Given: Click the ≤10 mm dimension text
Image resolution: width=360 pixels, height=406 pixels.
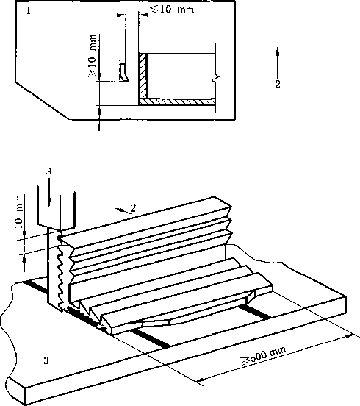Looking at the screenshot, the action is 172,9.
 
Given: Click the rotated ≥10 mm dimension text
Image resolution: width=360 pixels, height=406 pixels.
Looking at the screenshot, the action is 92,56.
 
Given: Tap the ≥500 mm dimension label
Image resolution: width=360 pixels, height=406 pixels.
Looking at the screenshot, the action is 264,355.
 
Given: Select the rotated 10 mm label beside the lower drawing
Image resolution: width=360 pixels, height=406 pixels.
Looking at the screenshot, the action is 19,212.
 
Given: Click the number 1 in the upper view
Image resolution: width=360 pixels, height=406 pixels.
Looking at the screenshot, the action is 29,10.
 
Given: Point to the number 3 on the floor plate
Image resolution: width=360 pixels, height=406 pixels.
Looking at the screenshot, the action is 46,360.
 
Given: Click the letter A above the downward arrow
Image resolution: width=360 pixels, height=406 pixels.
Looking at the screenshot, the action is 49,171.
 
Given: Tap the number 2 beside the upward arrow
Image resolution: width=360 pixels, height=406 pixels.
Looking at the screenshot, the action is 278,84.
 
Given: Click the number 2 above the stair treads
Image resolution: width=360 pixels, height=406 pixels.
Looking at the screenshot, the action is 133,207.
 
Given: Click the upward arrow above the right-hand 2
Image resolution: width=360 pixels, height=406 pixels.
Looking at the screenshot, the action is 278,62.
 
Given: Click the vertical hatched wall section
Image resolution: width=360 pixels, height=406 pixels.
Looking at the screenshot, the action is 143,76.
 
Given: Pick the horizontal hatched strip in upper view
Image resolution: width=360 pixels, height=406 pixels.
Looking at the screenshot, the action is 177,101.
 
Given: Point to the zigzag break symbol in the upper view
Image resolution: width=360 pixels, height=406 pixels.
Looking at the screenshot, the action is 216,78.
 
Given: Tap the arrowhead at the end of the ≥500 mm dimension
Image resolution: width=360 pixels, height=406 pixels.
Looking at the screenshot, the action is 350,336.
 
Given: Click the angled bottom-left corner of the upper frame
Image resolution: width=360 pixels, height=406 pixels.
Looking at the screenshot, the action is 16,82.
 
